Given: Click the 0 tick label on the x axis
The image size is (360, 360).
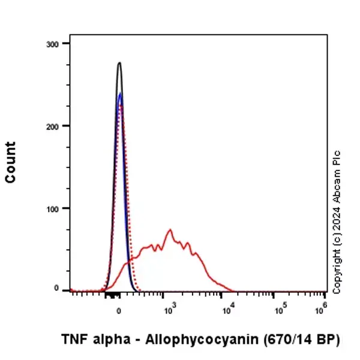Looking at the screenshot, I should pyautogui.click(x=119, y=312).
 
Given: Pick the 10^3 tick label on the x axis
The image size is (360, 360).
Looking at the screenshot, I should pyautogui.click(x=170, y=311).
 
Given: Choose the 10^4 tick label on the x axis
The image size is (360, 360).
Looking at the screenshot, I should pyautogui.click(x=221, y=311).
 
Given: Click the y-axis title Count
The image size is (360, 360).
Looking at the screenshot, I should pyautogui.click(x=10, y=162).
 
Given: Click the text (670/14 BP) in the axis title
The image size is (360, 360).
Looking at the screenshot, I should pyautogui.click(x=301, y=340).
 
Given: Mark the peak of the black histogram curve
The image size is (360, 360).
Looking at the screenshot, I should pyautogui.click(x=119, y=62).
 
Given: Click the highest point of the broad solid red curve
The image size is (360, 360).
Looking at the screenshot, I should pyautogui.click(x=170, y=229).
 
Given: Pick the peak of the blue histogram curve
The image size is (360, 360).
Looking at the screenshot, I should pyautogui.click(x=120, y=94).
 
